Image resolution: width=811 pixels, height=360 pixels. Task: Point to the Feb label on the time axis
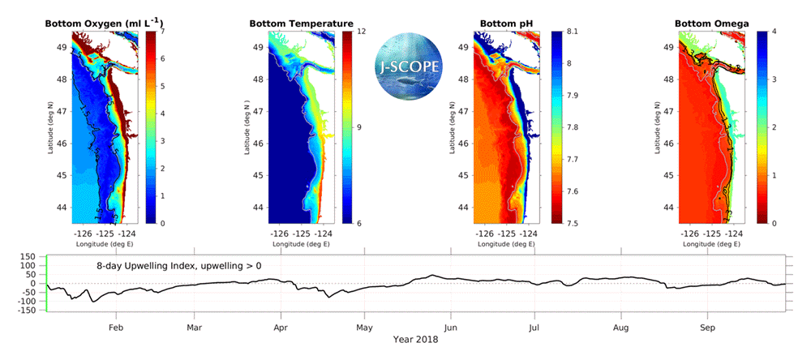[116, 328]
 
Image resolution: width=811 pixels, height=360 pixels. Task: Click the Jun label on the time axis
[452, 328]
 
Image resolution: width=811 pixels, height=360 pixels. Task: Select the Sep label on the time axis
[706, 328]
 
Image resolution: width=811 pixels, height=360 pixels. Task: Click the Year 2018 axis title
[416, 340]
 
